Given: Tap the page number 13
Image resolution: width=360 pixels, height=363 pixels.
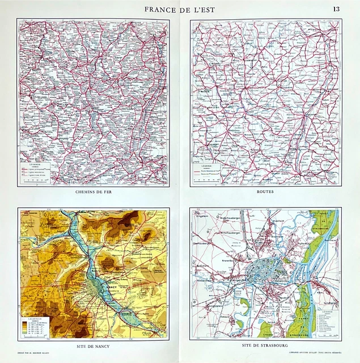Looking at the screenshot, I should point(336,9).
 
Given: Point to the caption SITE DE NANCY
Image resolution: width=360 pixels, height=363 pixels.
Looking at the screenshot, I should point(93,345).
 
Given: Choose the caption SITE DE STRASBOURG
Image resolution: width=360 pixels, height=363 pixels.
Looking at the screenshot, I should point(265,345).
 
